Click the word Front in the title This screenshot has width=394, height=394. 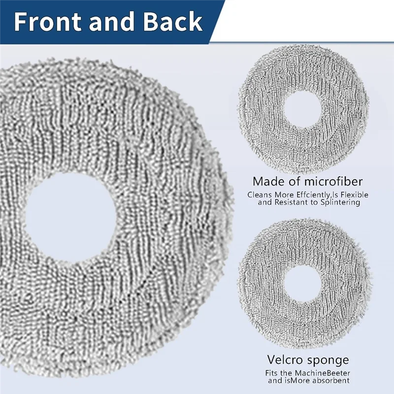(x=47, y=22)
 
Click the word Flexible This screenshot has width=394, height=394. (x=352, y=195)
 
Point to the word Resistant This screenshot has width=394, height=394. (x=293, y=202)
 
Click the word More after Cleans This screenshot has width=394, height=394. (x=280, y=195)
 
